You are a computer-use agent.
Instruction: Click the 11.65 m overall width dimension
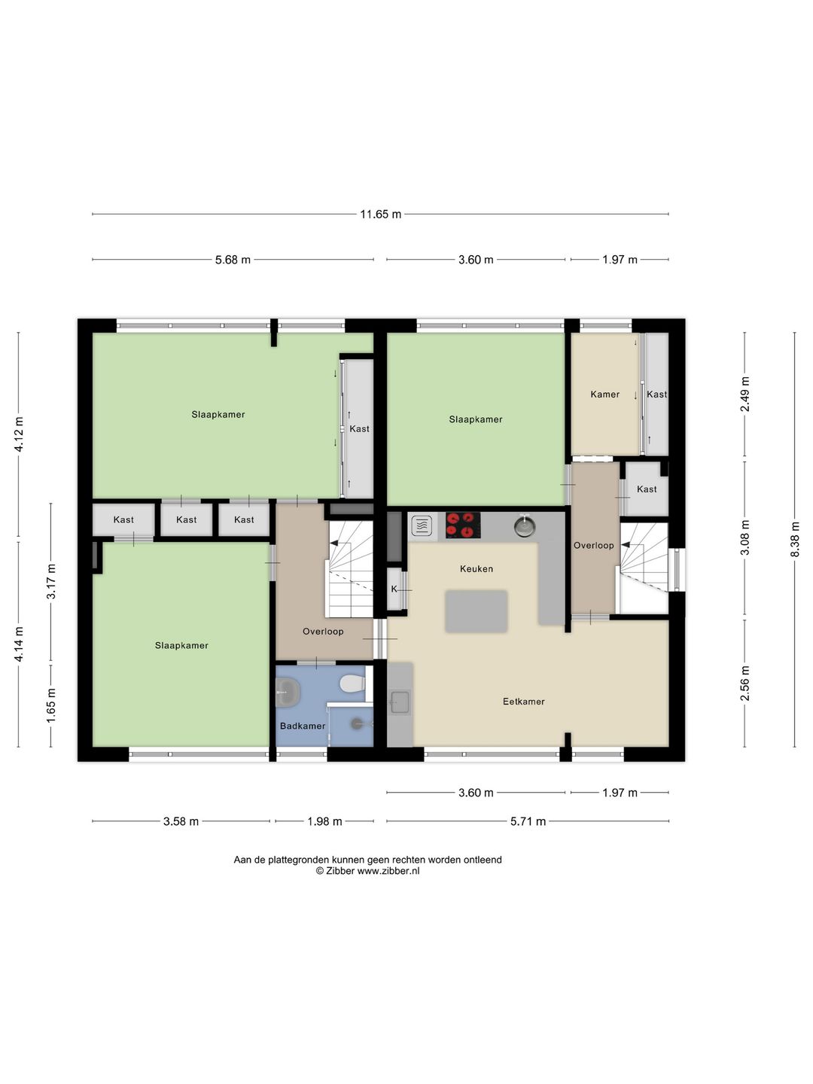point(380,215)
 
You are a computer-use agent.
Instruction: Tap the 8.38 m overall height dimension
point(795,539)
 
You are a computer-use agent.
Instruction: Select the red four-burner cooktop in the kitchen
point(463,525)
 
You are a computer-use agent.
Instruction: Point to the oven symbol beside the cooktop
point(422,525)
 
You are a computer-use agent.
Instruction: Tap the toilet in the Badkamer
point(352,684)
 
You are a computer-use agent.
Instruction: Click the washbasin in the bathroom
point(288,691)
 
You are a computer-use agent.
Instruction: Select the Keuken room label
point(477,569)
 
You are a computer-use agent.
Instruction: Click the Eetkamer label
point(524,702)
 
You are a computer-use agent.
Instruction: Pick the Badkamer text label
point(303,726)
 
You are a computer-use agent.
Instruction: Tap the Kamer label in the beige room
point(605,394)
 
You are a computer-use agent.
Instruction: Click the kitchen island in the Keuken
point(477,611)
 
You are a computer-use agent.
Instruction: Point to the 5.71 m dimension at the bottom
point(528,821)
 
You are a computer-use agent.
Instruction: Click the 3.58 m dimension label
point(181,821)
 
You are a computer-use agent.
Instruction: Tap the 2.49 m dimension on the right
point(745,394)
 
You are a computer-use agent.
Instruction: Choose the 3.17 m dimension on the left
point(51,581)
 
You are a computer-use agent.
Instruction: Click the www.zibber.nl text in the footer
point(388,871)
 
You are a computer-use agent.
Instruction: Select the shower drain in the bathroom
point(357,723)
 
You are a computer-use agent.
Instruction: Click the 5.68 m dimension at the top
point(233,260)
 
